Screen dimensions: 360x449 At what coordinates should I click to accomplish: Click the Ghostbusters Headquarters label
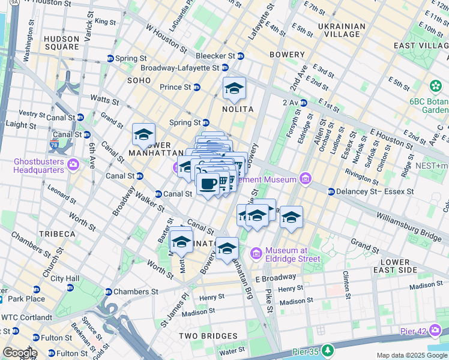[x=39, y=166]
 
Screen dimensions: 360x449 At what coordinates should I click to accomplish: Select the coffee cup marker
[x=208, y=184]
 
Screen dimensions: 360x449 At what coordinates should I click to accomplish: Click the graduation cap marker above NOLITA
[x=234, y=89]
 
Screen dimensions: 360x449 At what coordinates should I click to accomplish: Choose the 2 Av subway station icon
[x=303, y=103]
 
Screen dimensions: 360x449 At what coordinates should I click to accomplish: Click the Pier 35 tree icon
[x=328, y=350]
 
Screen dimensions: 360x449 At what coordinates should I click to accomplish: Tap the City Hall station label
[x=65, y=278]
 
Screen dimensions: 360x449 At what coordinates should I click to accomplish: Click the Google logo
[x=20, y=353]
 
